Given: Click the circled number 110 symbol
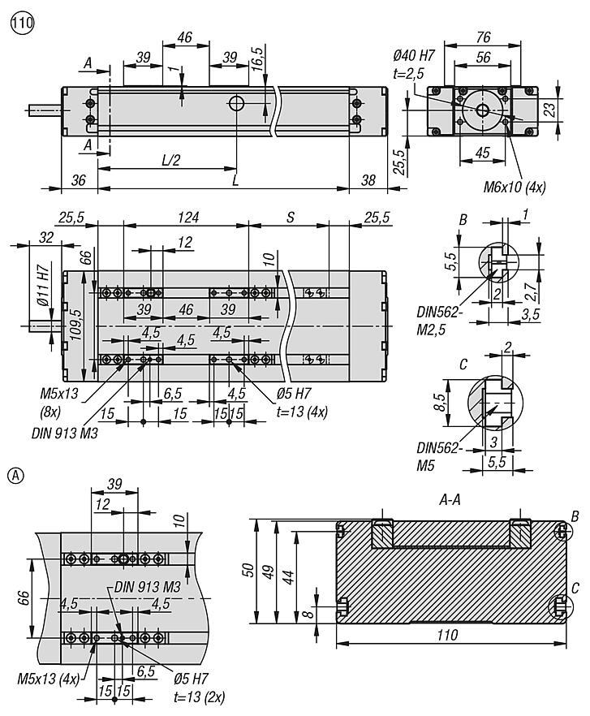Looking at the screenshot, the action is point(23,23).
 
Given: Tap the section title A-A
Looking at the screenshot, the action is point(450,500).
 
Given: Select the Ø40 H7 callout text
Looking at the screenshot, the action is point(414,56).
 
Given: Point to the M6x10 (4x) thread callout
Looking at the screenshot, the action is point(515,187).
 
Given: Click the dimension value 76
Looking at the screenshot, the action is point(483,37).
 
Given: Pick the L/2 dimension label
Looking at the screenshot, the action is point(171,160).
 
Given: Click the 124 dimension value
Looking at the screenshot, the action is point(188,217).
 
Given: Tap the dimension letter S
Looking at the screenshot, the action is point(290,218).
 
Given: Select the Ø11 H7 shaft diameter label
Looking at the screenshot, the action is point(42,287).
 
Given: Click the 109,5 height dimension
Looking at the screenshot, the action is point(75,324).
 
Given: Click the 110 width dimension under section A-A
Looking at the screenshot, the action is point(446,634).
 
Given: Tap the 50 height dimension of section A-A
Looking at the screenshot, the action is point(248,570).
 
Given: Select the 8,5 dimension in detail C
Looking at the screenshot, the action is point(440,403).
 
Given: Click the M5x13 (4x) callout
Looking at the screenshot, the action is point(49,678).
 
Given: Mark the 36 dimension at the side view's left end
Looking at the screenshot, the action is point(78,180).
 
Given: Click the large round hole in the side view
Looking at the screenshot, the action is point(236,103).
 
